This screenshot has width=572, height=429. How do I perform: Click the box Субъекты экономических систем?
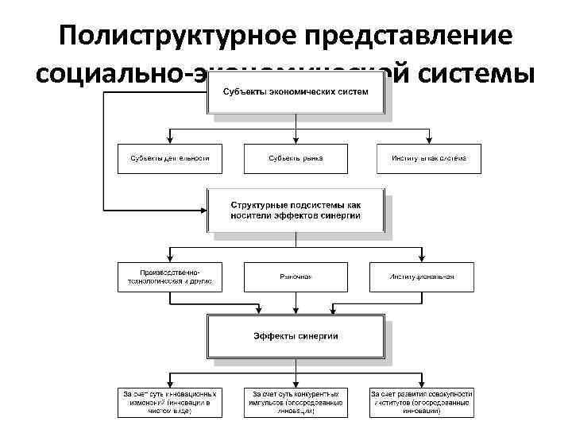click(x=296, y=95)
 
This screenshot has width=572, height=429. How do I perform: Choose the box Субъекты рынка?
click(x=296, y=158)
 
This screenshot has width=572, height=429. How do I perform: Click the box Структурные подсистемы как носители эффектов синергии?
click(x=296, y=210)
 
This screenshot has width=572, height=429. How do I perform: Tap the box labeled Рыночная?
click(x=296, y=276)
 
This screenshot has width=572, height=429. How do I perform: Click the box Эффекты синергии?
click(x=296, y=336)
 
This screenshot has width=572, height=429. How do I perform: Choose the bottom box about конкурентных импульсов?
click(x=296, y=403)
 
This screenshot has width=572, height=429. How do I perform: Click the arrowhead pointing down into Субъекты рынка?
click(x=296, y=140)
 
